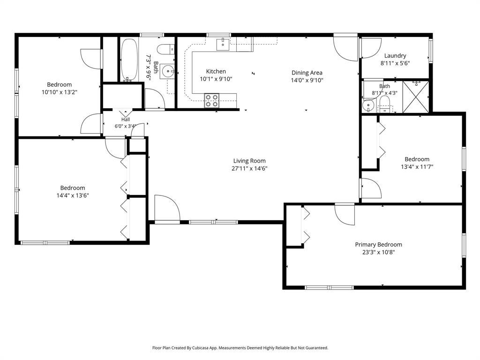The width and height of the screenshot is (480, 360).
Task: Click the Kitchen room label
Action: [216, 71]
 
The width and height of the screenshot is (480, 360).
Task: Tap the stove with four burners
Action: [211, 101]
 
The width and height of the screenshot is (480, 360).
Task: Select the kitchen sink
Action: [223, 45]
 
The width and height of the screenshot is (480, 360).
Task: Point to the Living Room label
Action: [249, 161]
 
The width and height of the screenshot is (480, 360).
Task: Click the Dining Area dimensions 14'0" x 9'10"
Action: [307, 80]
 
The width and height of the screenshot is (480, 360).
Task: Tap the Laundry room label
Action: [395, 55]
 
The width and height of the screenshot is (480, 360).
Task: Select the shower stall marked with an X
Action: [415, 97]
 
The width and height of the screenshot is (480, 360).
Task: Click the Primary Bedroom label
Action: [378, 244]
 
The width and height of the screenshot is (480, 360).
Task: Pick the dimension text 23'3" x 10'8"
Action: [378, 252]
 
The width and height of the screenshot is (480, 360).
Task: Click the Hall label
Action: [126, 120]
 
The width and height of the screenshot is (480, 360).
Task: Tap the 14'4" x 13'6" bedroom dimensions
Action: [73, 195]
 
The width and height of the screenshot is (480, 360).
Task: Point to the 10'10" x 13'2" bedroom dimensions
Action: [60, 92]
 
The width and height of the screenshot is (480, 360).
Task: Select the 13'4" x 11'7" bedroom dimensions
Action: [417, 167]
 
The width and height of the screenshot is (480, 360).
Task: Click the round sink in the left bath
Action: [167, 72]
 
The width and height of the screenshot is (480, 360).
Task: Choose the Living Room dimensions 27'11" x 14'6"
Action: [249, 168]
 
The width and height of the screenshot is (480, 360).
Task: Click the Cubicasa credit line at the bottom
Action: [240, 348]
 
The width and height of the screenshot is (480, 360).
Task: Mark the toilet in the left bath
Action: [165, 49]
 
